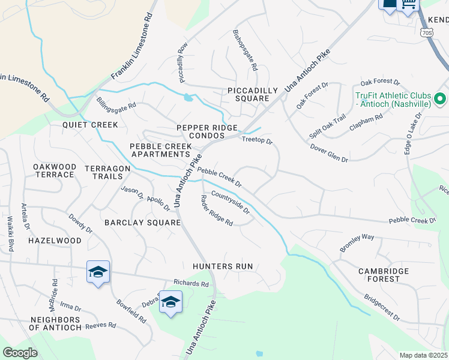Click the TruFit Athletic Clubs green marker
coord(439,98)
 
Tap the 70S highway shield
coord(427,31)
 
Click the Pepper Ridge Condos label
coord(207,131)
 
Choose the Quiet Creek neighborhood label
coord(90,125)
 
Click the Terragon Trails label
coord(107,173)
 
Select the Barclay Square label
coord(142,223)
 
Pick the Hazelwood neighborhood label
coord(54,241)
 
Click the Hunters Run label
coord(222,266)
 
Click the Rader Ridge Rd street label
coord(217,211)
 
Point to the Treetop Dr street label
coord(257,141)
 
